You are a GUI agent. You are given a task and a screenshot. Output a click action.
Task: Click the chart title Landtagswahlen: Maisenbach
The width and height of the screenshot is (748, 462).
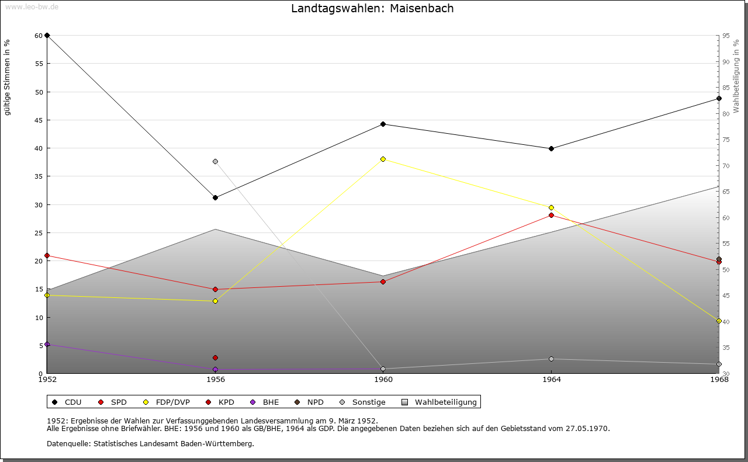click(x=372, y=9)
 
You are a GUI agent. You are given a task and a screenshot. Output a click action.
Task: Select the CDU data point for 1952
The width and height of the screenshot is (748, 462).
click(x=47, y=36)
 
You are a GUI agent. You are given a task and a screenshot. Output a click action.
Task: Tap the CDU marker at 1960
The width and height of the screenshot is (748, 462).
click(x=383, y=124)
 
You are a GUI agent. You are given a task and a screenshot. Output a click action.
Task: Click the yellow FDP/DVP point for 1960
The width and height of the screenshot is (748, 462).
click(x=383, y=159)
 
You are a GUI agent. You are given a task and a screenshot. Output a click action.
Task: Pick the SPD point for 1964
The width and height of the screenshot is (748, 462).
click(x=551, y=215)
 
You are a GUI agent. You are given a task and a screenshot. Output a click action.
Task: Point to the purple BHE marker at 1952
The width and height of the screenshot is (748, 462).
click(x=47, y=344)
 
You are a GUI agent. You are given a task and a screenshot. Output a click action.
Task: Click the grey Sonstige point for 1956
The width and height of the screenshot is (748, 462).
click(x=215, y=161)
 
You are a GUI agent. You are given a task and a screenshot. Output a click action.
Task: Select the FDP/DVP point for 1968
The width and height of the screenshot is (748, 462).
click(x=719, y=321)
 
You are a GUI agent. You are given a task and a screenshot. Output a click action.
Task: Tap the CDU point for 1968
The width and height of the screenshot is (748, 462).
click(x=719, y=98)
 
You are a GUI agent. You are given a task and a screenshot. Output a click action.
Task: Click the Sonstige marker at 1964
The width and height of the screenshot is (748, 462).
click(x=551, y=359)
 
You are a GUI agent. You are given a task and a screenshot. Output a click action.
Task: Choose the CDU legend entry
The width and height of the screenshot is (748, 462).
click(x=67, y=402)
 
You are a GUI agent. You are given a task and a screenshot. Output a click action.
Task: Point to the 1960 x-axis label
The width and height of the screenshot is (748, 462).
click(x=383, y=380)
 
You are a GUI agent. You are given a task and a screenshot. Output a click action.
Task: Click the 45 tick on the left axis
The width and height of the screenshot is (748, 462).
click(x=39, y=120)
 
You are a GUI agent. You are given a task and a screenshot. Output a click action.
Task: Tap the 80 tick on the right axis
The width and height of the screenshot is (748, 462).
click(x=725, y=114)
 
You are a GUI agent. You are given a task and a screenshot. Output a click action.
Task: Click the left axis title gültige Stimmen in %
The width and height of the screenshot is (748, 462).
click(x=8, y=77)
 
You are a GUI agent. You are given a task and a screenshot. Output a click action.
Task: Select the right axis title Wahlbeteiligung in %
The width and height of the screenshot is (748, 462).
click(x=736, y=76)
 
